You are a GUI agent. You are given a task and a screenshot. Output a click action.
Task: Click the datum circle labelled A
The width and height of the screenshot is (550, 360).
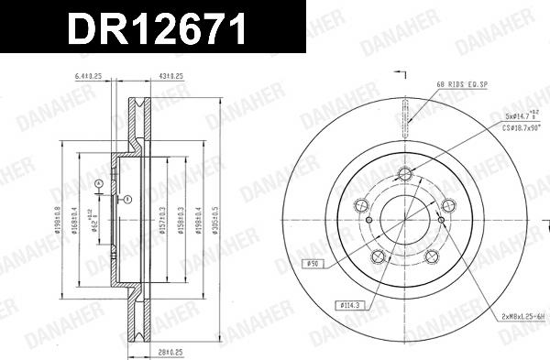point(98,183)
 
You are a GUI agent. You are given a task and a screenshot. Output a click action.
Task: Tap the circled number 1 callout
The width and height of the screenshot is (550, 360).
point(127,199)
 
